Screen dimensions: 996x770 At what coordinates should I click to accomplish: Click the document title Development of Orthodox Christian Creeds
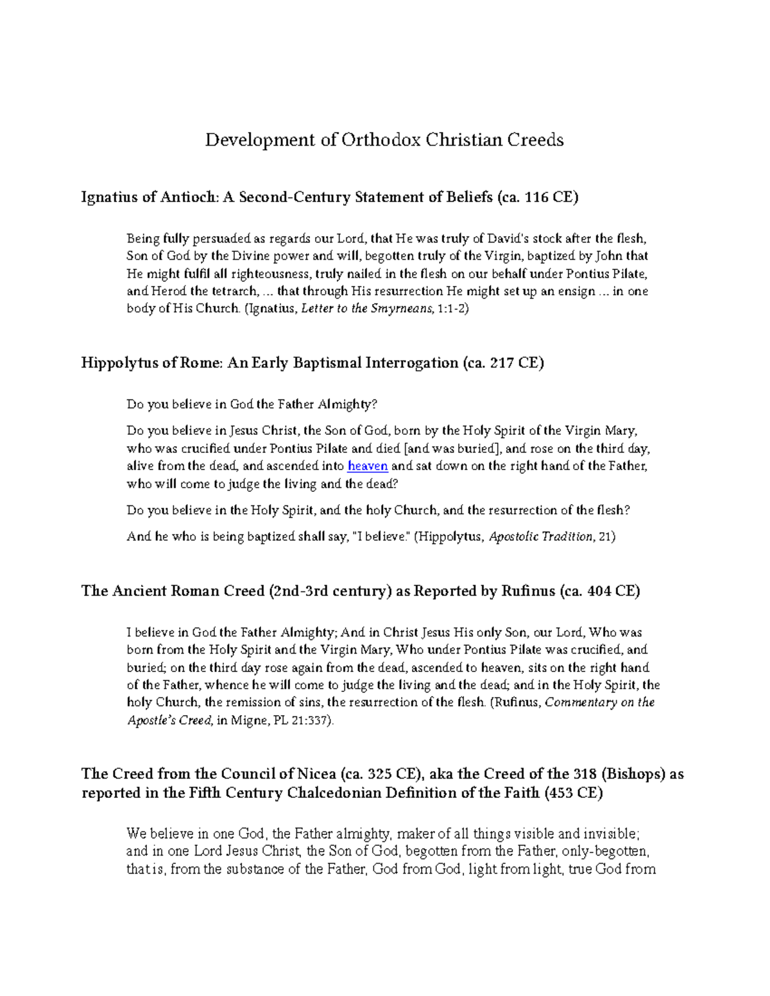384,140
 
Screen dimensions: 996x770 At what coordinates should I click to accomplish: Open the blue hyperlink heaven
367,466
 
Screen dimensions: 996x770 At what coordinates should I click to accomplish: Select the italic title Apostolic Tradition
541,537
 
